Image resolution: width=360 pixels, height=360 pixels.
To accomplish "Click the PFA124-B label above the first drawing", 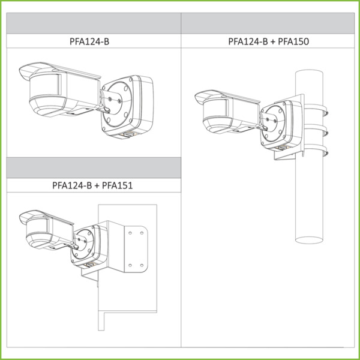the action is click(x=89, y=41).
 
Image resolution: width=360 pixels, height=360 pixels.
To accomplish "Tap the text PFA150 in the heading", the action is click(x=293, y=41).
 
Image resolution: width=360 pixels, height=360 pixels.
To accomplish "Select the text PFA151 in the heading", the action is click(x=118, y=185).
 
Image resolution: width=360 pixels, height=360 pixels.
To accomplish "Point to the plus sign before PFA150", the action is click(x=273, y=42).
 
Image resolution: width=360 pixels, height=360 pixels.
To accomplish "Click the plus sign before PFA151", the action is click(x=97, y=185).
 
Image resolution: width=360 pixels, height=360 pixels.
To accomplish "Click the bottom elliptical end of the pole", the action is click(x=309, y=240).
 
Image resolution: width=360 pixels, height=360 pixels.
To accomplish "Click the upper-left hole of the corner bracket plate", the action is click(x=130, y=233).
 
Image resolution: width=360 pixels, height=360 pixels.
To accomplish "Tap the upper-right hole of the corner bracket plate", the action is click(x=142, y=233).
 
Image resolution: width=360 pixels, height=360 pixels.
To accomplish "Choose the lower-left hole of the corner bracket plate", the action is click(x=130, y=265).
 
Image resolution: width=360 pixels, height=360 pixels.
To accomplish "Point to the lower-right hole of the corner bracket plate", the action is click(x=142, y=265).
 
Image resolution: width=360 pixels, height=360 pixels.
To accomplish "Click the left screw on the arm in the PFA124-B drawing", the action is click(x=110, y=99).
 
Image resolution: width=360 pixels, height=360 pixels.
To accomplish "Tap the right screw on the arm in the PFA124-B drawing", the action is click(x=119, y=101).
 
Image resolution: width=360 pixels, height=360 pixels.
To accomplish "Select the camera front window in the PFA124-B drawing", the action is click(x=46, y=85).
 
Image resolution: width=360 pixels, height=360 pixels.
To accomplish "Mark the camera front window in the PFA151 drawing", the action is click(x=37, y=226).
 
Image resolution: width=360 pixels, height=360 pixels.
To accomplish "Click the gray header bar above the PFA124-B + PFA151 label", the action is click(x=94, y=168).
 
